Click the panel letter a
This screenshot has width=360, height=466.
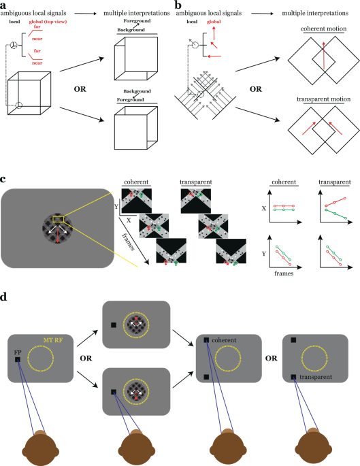[x=3, y=5]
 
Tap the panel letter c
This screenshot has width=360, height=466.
[x=3, y=179]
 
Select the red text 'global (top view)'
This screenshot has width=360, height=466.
[x=48, y=22]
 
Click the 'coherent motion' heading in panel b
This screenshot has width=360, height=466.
[x=323, y=29]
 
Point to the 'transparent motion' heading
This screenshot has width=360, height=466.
[x=323, y=99]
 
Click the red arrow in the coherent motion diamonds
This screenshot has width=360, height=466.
[x=324, y=56]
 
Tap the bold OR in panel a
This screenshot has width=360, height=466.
[x=80, y=89]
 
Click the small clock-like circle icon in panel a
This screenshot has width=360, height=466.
[x=14, y=45]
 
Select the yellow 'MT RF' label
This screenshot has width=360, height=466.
[x=54, y=340]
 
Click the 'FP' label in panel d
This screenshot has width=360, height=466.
[x=18, y=352]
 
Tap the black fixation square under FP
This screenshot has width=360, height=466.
[x=18, y=360]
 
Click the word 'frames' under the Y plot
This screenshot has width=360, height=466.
[x=284, y=273]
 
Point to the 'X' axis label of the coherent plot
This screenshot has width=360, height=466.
[x=263, y=208]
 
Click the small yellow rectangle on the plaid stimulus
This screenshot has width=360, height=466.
[x=58, y=219]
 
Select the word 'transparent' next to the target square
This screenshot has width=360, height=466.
[x=316, y=377]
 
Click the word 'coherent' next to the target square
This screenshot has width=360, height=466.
[x=224, y=340]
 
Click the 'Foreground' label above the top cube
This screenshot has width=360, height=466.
[x=137, y=21]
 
